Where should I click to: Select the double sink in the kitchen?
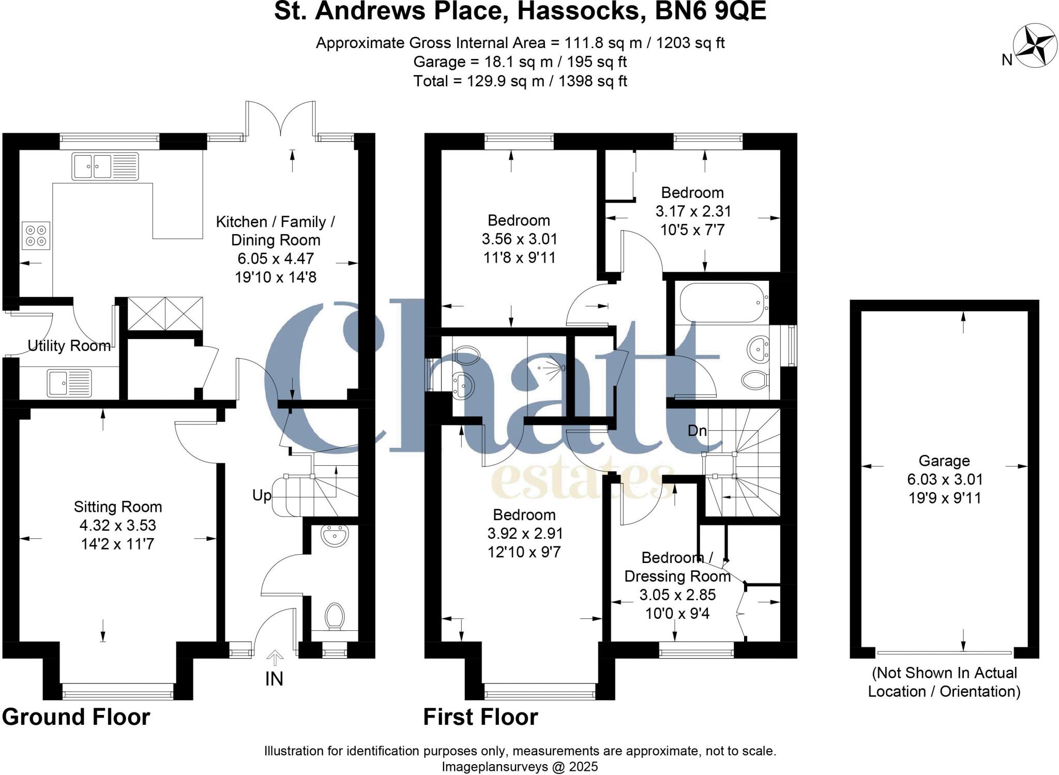[105, 166]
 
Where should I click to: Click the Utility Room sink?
[69, 383]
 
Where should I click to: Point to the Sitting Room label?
[118, 507]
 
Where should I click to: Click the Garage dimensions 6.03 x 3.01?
[944, 479]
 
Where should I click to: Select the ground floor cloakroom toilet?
[335, 616]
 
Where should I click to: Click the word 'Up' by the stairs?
[262, 495]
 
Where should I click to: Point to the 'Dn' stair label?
[697, 431]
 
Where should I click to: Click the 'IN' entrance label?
[274, 679]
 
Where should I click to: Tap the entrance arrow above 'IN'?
[275, 658]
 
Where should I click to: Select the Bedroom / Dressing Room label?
[677, 567]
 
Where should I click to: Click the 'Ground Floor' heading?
[76, 717]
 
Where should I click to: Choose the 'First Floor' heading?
[480, 717]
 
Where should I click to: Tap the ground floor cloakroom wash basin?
[334, 536]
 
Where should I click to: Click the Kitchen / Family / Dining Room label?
[275, 231]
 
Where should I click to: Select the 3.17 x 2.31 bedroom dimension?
[693, 211]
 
